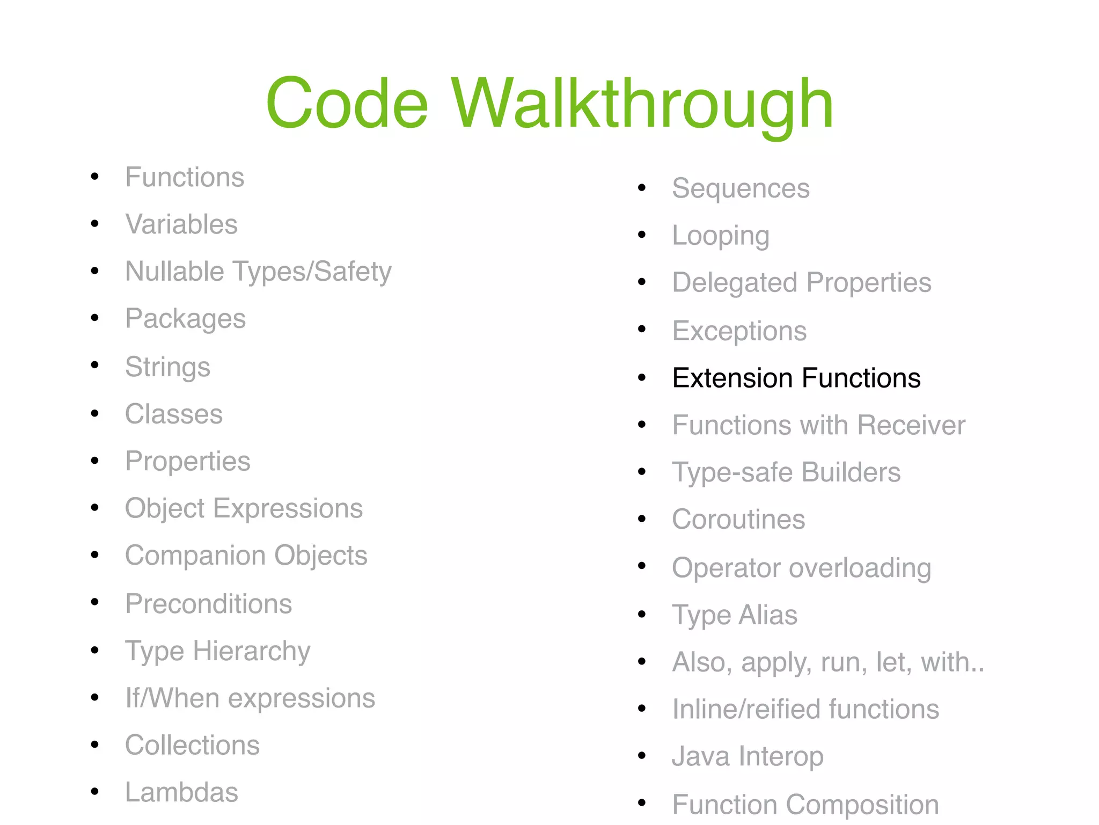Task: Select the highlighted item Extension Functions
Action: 796,378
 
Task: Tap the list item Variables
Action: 181,224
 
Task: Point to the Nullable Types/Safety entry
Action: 258,272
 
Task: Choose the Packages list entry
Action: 185,319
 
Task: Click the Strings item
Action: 167,367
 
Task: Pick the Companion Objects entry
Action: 246,556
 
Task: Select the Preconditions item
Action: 208,604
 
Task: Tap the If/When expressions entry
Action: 250,698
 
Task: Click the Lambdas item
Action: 181,792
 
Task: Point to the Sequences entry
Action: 741,188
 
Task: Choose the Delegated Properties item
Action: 802,283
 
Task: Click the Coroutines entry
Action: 738,520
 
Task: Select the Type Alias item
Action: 735,615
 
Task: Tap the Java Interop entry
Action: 748,756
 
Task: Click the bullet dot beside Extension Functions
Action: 642,378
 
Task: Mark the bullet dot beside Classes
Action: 95,413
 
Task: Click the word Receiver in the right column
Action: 911,425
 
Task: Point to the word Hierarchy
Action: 252,651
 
